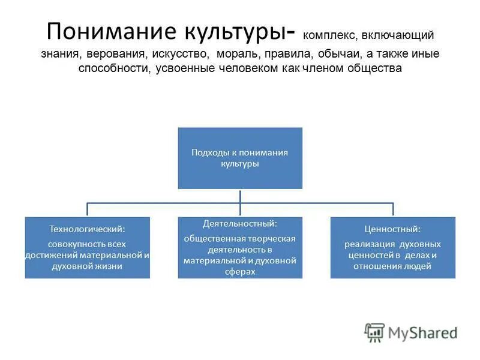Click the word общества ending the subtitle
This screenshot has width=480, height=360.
(x=373, y=68)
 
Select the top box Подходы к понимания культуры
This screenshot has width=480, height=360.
(x=240, y=158)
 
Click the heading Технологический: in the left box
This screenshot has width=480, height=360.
(x=88, y=229)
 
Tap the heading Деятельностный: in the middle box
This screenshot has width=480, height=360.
(x=239, y=223)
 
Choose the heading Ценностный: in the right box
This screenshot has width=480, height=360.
(x=392, y=229)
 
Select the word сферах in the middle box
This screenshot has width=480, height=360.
(x=240, y=271)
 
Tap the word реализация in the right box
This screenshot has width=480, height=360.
(x=368, y=245)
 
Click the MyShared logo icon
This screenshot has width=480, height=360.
(x=375, y=332)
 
